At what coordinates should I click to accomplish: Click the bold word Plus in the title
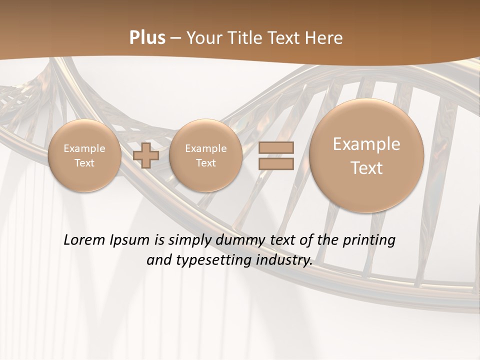[x=147, y=38]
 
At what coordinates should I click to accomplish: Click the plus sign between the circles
[x=146, y=155]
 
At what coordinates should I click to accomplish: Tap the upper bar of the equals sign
[x=276, y=148]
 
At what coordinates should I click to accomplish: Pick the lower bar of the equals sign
[x=276, y=163]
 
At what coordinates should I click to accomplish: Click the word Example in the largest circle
[x=366, y=144]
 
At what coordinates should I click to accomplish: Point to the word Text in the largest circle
[x=366, y=168]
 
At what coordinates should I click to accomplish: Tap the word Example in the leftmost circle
[x=84, y=148]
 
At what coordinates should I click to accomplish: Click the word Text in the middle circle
[x=205, y=163]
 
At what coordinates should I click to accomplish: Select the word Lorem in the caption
[x=85, y=240]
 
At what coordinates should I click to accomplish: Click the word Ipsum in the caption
[x=131, y=240]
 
